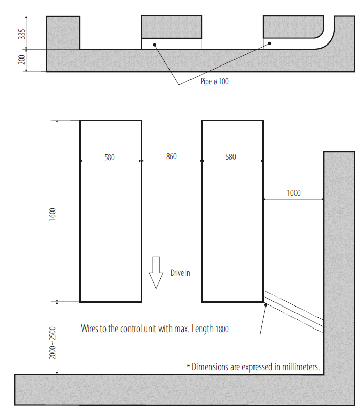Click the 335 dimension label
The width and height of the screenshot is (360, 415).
[x=22, y=34]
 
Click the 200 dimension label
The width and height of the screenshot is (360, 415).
[x=22, y=60]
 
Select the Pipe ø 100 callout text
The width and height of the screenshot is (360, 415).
[x=215, y=81]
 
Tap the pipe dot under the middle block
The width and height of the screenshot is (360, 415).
[x=155, y=45]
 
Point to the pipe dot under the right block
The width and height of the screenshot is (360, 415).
[x=270, y=43]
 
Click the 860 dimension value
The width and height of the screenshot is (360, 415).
[x=172, y=156]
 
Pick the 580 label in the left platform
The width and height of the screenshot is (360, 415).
[x=110, y=157]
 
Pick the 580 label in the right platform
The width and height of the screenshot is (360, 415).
[x=231, y=157]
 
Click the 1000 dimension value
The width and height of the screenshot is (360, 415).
[x=294, y=193]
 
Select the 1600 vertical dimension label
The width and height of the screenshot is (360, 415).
[x=53, y=214]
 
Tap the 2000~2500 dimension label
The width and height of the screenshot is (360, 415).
[x=52, y=343]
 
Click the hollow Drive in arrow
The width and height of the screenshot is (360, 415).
[x=156, y=273]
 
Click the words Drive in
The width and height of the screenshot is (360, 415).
[x=180, y=273]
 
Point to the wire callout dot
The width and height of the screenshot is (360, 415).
[x=266, y=305]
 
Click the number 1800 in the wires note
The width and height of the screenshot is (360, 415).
[x=222, y=329]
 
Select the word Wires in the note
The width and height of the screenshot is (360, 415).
[x=90, y=329]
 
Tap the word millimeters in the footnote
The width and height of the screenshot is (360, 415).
[x=301, y=367]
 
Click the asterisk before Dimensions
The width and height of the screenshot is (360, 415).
[x=188, y=366]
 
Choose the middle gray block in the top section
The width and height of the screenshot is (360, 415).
[x=172, y=27]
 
